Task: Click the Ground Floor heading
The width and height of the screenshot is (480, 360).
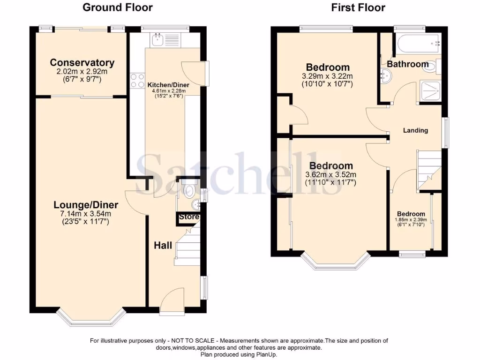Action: (x=117, y=7)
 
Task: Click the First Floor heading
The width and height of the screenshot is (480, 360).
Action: (x=358, y=7)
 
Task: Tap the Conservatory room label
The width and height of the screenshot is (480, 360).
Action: (x=82, y=63)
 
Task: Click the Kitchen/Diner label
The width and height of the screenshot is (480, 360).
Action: (x=167, y=85)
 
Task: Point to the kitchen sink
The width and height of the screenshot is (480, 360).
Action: (x=156, y=39)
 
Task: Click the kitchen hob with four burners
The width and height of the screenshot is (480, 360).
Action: (x=137, y=81)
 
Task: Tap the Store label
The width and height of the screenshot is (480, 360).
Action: (x=189, y=217)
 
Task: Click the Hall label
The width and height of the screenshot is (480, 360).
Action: (x=164, y=245)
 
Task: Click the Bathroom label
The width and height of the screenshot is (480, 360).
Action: (x=407, y=64)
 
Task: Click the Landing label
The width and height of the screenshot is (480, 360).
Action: (x=415, y=130)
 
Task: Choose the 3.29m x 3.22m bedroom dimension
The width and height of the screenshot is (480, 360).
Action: (x=328, y=76)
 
